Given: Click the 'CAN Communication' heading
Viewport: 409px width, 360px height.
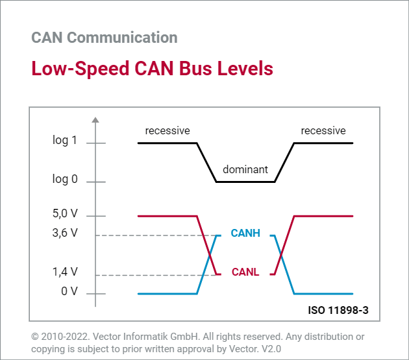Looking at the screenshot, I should click(x=104, y=38).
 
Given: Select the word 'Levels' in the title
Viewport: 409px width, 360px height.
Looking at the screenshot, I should click(x=243, y=69).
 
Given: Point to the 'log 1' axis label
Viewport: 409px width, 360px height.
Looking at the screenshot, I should click(x=65, y=139).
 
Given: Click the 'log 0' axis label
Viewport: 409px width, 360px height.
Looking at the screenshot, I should click(x=65, y=179).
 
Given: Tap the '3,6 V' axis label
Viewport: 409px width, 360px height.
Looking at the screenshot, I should click(x=65, y=234).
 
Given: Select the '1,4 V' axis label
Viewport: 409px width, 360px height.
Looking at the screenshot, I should click(x=65, y=272).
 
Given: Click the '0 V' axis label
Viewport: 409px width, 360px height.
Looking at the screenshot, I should click(x=69, y=291).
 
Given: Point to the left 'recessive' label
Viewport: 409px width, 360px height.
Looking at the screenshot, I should click(x=167, y=131).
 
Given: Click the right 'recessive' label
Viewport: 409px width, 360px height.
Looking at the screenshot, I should click(x=323, y=131).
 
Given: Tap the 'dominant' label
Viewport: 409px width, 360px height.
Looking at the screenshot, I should click(x=245, y=170).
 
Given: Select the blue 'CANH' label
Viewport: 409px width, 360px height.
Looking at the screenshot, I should click(x=245, y=234).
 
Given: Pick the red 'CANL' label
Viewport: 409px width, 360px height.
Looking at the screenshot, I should click(x=245, y=272).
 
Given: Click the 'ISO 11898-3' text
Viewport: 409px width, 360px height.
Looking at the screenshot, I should click(x=338, y=310).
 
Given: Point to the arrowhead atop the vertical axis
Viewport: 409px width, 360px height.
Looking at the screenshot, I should click(x=95, y=120).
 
